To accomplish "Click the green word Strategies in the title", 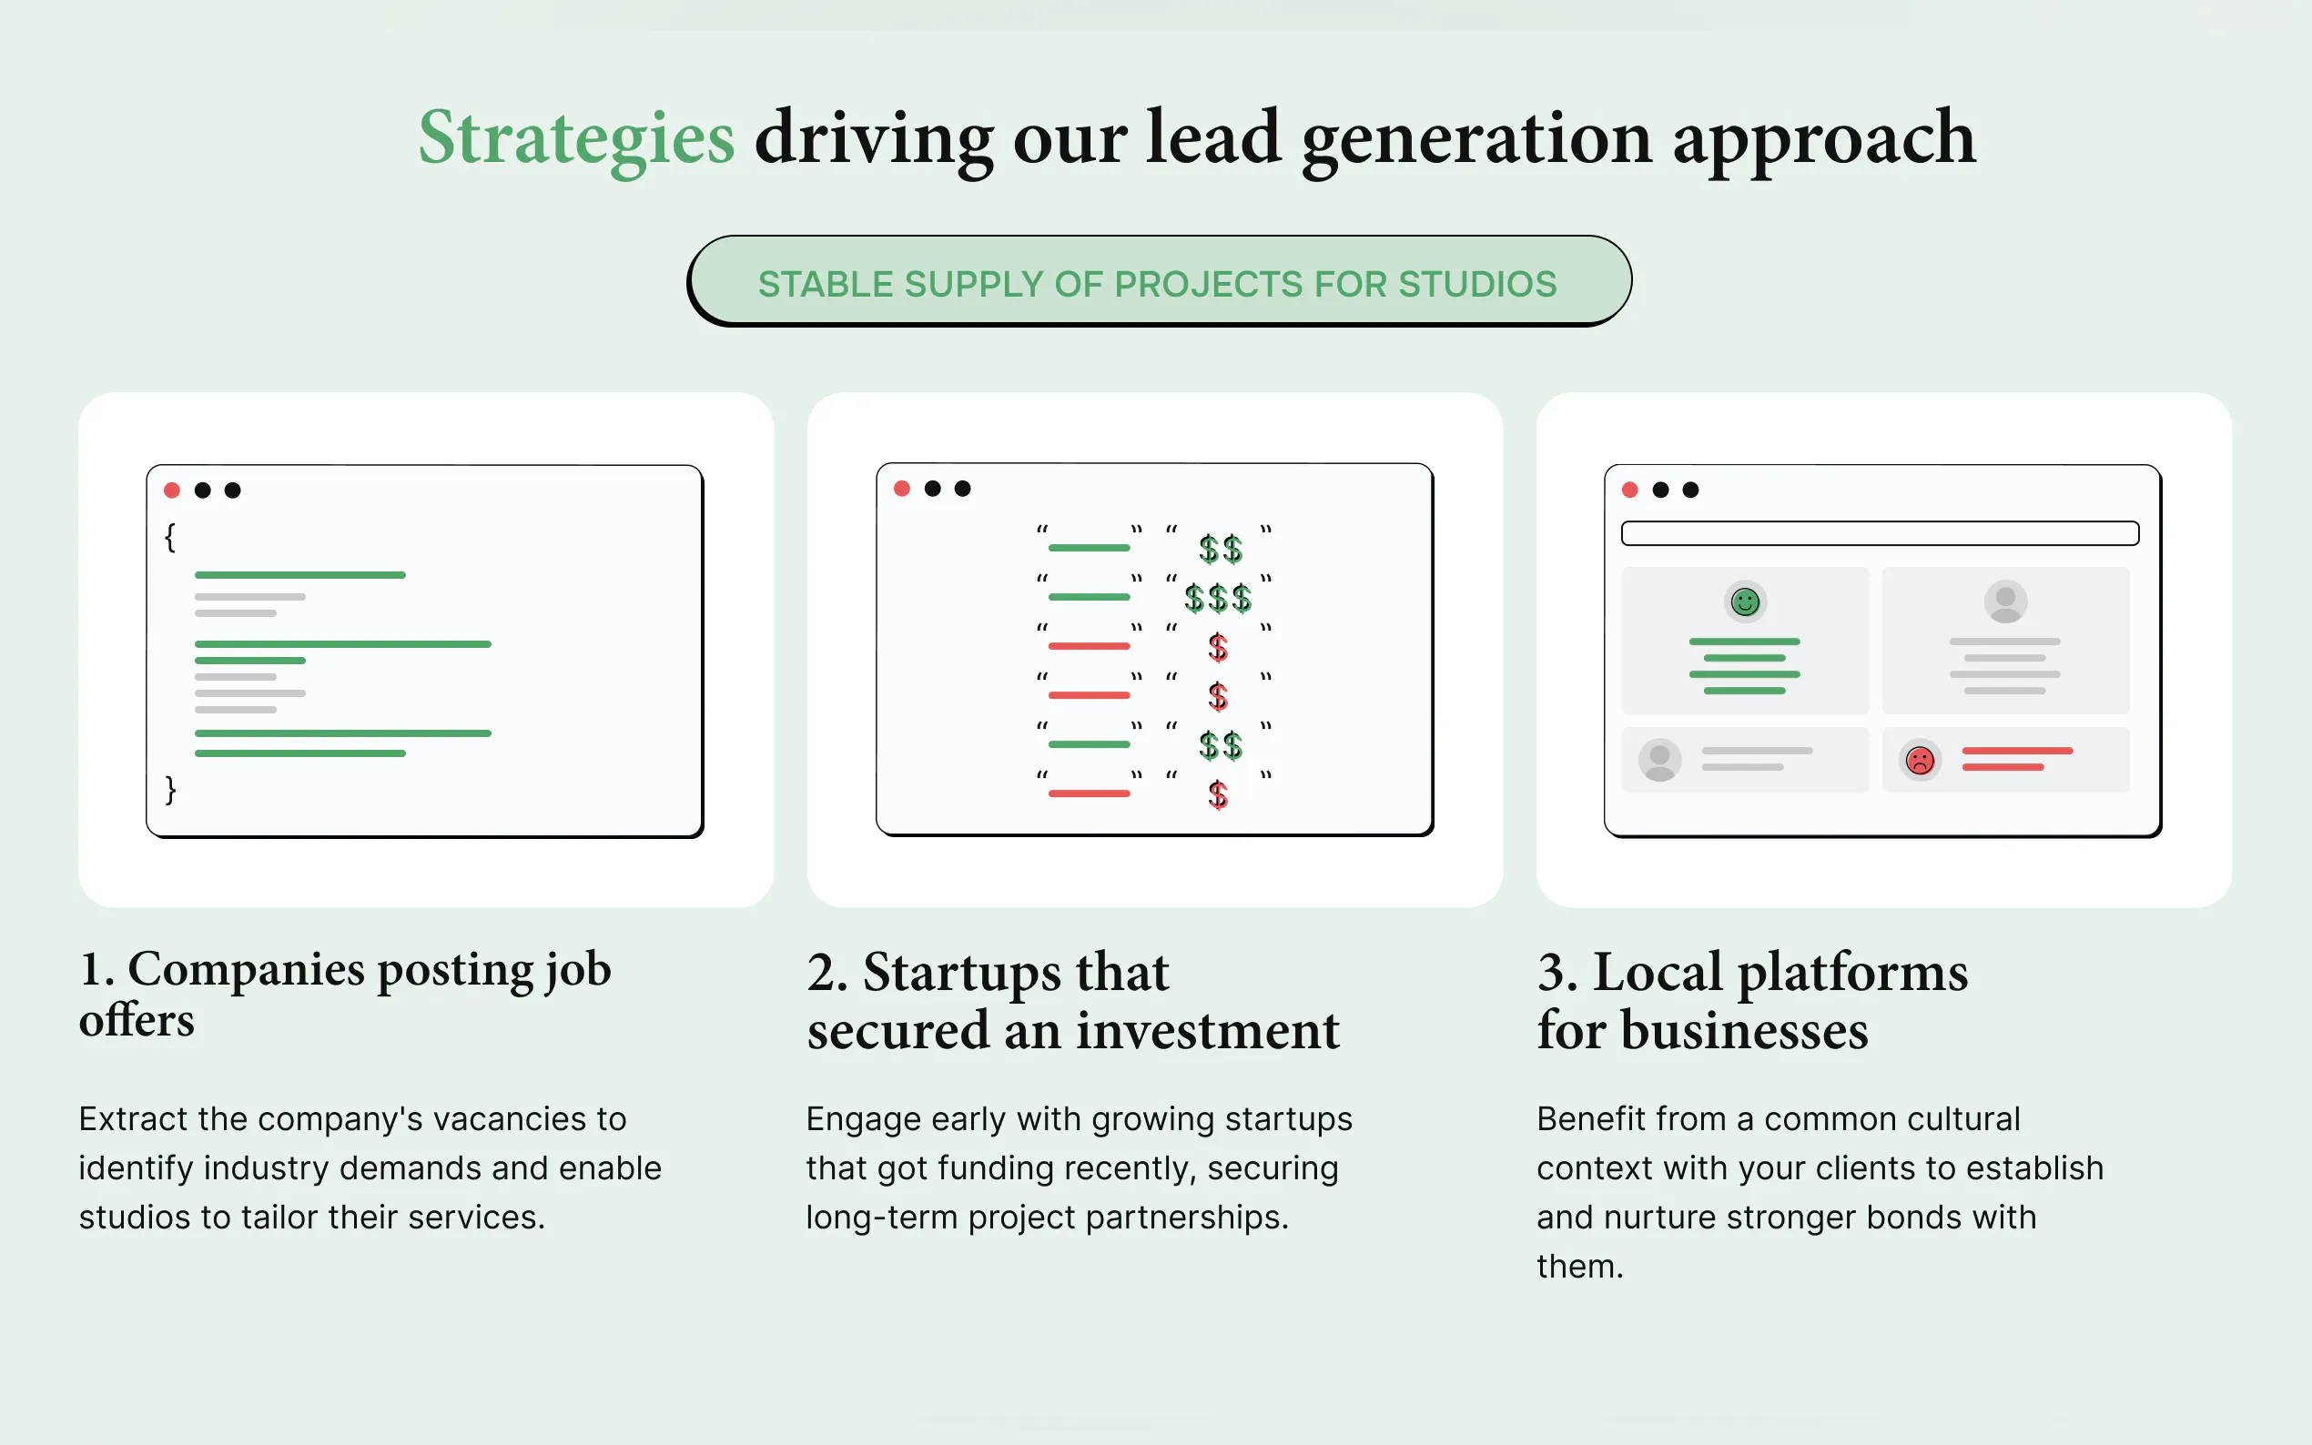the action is pos(576,139).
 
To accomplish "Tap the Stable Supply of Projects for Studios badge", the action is pos(1159,281).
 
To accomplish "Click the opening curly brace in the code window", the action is pos(170,537).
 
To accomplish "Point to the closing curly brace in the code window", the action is pos(170,790).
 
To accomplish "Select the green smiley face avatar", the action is pos(1745,602).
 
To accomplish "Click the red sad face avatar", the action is pos(1920,760).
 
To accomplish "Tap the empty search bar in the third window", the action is pos(1880,533).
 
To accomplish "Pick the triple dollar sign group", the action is pos(1218,598).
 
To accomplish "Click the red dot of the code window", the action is pos(172,490).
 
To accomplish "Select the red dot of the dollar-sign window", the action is pos(901,489).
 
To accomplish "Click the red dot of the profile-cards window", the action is pos(1630,490).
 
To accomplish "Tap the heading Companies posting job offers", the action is pos(345,993).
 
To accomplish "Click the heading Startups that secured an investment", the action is pos(1073,1000).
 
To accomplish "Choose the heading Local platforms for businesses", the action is pos(1753,1000).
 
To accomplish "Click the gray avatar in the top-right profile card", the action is pos(2005,602).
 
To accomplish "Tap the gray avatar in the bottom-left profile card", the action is pos(1660,760).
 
